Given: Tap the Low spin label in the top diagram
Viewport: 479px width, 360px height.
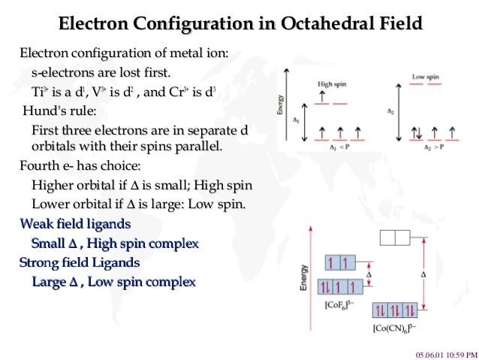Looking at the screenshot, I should click(424, 77).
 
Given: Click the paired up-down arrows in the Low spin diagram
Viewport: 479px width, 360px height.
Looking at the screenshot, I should click(416, 132).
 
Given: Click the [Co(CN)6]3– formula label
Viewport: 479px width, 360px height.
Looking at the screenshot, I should click(395, 328).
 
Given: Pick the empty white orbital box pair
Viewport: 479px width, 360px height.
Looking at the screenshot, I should click(394, 238).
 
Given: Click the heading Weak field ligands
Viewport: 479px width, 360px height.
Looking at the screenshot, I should click(75, 224).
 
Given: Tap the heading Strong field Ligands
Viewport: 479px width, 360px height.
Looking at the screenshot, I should click(80, 263).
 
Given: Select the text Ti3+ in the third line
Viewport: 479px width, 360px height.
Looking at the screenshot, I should click(41, 92).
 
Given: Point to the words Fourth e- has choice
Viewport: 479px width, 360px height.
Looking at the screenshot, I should click(80, 165).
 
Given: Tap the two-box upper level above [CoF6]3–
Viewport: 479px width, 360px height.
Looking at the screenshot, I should click(339, 263).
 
